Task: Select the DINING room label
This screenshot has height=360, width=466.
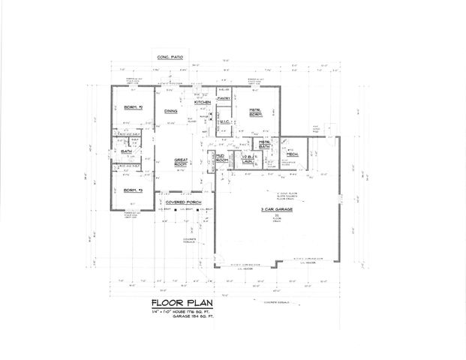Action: coord(170,112)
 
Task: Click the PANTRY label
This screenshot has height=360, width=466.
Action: coord(223,98)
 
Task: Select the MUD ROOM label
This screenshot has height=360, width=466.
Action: coord(222,159)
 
